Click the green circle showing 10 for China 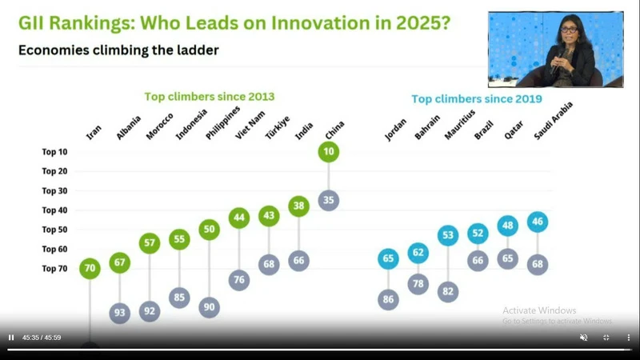pyautogui.click(x=328, y=151)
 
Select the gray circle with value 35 pyautogui.click(x=328, y=200)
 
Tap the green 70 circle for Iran pyautogui.click(x=90, y=268)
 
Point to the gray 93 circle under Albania pyautogui.click(x=120, y=312)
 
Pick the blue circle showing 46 pyautogui.click(x=538, y=222)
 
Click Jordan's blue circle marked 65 pyautogui.click(x=389, y=258)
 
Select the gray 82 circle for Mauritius pyautogui.click(x=448, y=292)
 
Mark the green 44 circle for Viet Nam pyautogui.click(x=238, y=217)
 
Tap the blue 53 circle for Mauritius pyautogui.click(x=448, y=235)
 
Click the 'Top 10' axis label pyautogui.click(x=55, y=152)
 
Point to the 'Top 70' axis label pyautogui.click(x=55, y=269)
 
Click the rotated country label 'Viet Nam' pyautogui.click(x=244, y=126)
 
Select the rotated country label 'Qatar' pyautogui.click(x=513, y=130)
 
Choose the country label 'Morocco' pyautogui.click(x=157, y=126)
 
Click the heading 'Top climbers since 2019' pyautogui.click(x=477, y=99)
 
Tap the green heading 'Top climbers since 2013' pyautogui.click(x=210, y=97)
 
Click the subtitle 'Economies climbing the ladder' pyautogui.click(x=118, y=50)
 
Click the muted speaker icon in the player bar pyautogui.click(x=583, y=338)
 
